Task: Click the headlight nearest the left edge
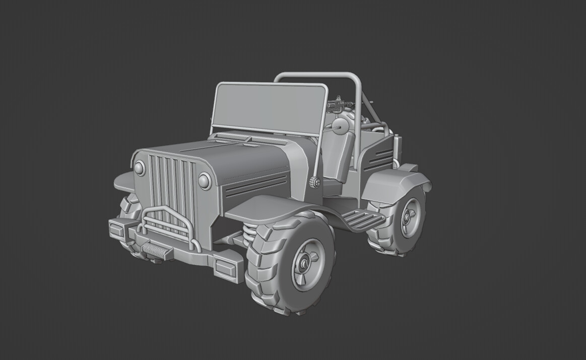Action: point(139,168)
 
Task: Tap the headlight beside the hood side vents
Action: point(205,180)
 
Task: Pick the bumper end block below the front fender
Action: point(228,266)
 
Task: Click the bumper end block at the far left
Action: point(117,229)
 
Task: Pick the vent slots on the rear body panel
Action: point(382,158)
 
